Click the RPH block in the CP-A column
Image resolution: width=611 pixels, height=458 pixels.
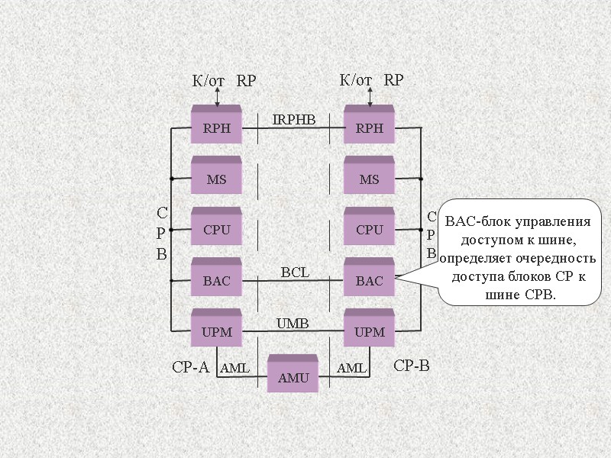click(x=216, y=128)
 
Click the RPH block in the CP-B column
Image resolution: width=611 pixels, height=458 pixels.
click(x=369, y=128)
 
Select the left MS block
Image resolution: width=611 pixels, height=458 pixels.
click(x=216, y=179)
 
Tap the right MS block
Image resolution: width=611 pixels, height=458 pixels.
click(x=369, y=179)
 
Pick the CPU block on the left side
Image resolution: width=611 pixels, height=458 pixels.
click(x=216, y=230)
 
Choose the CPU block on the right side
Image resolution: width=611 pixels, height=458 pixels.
click(x=369, y=230)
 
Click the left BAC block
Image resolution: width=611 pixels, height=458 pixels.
click(x=216, y=281)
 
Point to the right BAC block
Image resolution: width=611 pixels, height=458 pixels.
click(x=369, y=281)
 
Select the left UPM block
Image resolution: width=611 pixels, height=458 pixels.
click(x=216, y=331)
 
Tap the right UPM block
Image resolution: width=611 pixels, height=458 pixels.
click(x=369, y=331)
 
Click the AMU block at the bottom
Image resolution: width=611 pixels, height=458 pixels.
click(x=293, y=377)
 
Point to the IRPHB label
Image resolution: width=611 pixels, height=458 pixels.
click(x=294, y=119)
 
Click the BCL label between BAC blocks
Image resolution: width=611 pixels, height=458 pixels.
click(x=295, y=272)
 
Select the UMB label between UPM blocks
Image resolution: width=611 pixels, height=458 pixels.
click(x=292, y=324)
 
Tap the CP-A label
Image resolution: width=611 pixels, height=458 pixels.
click(x=190, y=367)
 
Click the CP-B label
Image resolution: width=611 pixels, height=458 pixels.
click(x=412, y=366)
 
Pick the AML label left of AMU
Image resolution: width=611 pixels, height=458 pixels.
click(x=235, y=369)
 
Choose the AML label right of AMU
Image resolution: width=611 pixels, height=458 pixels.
click(x=352, y=369)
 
